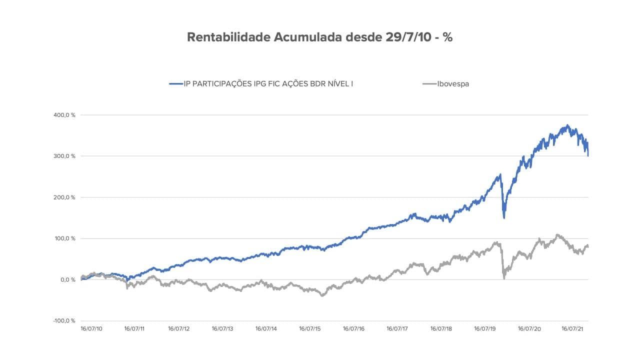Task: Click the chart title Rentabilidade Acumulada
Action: tap(265, 37)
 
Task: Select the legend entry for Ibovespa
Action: tap(453, 84)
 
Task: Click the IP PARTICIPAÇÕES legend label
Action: tap(264, 84)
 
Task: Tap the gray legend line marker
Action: tap(429, 84)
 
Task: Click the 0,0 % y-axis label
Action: tap(67, 279)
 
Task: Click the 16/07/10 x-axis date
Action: tap(91, 329)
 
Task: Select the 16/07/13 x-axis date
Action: tap(222, 329)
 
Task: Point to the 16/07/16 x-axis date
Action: tap(354, 329)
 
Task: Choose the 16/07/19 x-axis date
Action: tap(485, 329)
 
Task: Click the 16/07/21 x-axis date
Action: tap(572, 329)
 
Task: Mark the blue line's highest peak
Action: tap(567, 125)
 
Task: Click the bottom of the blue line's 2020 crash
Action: tap(504, 217)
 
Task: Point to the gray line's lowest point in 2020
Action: tap(504, 278)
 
